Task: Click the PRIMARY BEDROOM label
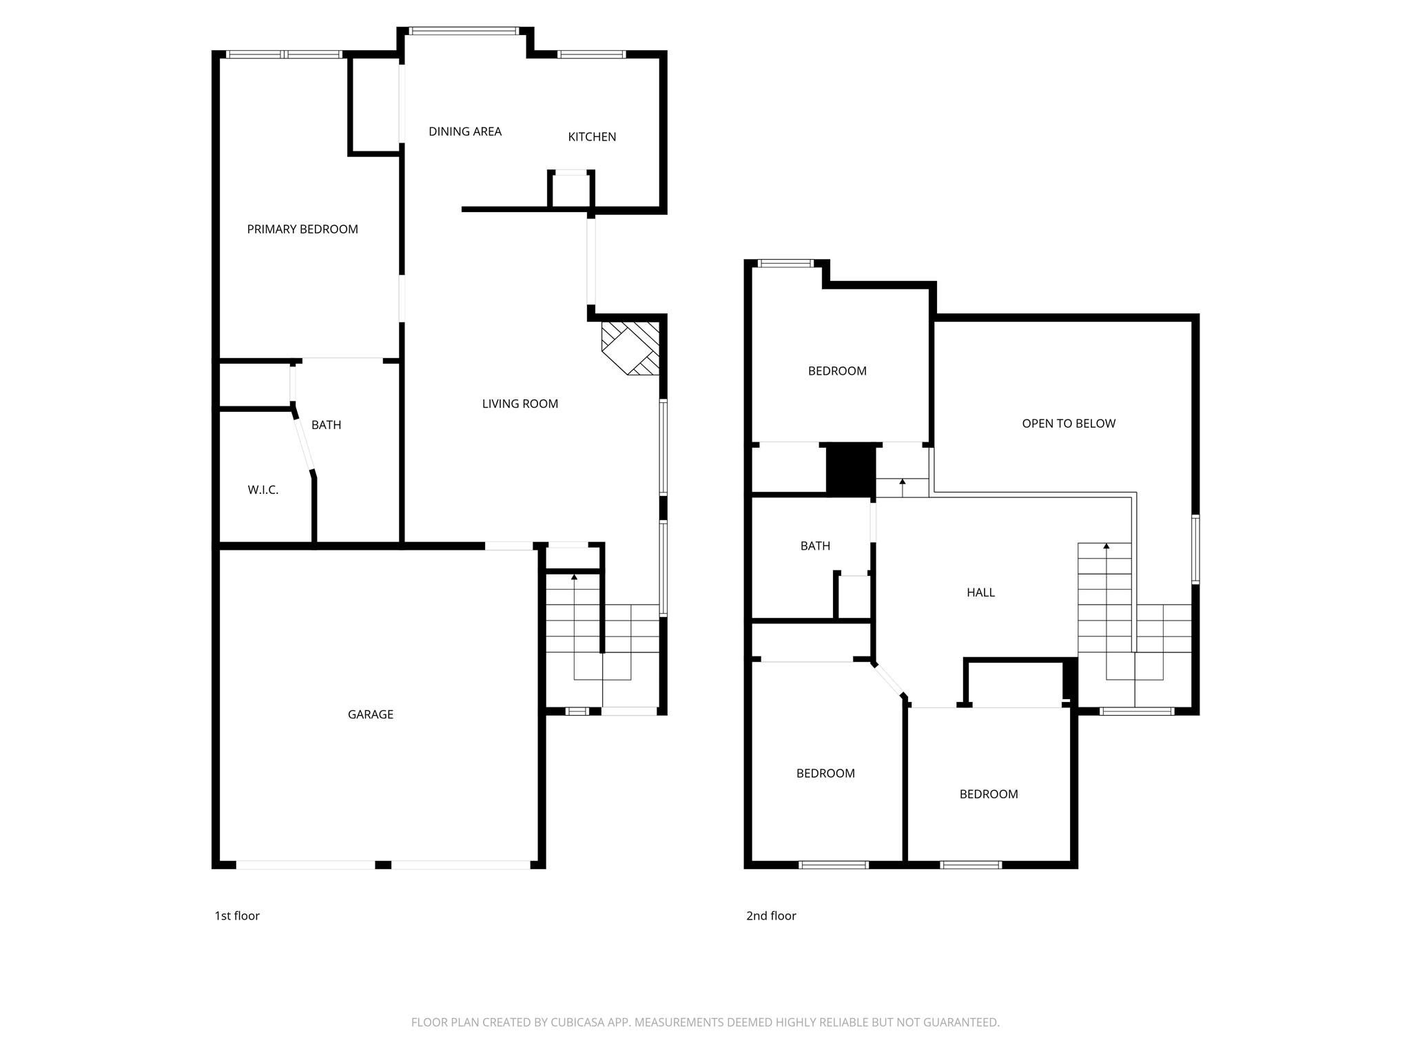click(x=302, y=229)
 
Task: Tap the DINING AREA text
click(x=465, y=132)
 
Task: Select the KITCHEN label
click(x=592, y=137)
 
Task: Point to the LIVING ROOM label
click(x=519, y=404)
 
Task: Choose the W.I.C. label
click(x=262, y=490)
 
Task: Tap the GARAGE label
click(x=370, y=714)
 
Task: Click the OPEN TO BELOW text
click(x=1068, y=424)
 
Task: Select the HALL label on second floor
click(x=980, y=592)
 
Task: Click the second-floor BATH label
click(x=815, y=546)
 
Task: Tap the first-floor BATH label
click(x=326, y=425)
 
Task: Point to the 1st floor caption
click(x=237, y=915)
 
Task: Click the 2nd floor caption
click(x=771, y=915)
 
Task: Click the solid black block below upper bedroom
click(x=851, y=469)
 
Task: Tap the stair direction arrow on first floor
click(x=575, y=577)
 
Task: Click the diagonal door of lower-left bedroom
click(x=889, y=681)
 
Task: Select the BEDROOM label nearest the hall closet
click(x=988, y=794)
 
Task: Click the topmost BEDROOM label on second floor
click(x=837, y=371)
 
